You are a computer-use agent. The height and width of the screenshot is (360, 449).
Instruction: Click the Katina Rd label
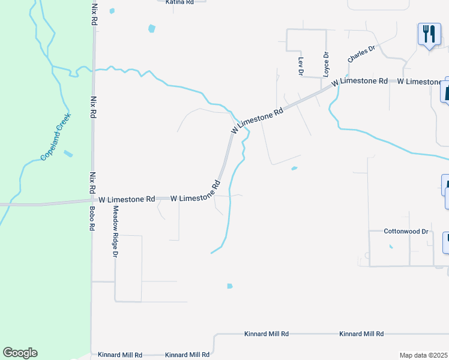pos(179,2)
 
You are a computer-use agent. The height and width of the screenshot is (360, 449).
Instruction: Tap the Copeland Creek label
pos(56,137)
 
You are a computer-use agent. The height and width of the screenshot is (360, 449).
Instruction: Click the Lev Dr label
pos(301,66)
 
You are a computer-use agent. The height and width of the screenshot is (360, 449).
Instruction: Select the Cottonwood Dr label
pos(407,231)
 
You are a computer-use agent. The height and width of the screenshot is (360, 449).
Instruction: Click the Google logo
pos(20,353)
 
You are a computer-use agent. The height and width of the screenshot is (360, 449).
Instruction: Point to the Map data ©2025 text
pos(424,355)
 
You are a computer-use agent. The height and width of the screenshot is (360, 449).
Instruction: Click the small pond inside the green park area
pos(68,154)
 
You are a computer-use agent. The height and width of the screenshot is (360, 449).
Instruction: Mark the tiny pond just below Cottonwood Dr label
pos(391,246)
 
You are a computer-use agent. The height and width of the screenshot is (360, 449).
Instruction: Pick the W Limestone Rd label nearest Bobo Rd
pos(127,199)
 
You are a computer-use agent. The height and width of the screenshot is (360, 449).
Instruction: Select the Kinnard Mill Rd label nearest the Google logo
pos(121,355)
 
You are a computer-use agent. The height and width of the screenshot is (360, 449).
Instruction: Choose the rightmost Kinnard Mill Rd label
pos(361,334)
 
